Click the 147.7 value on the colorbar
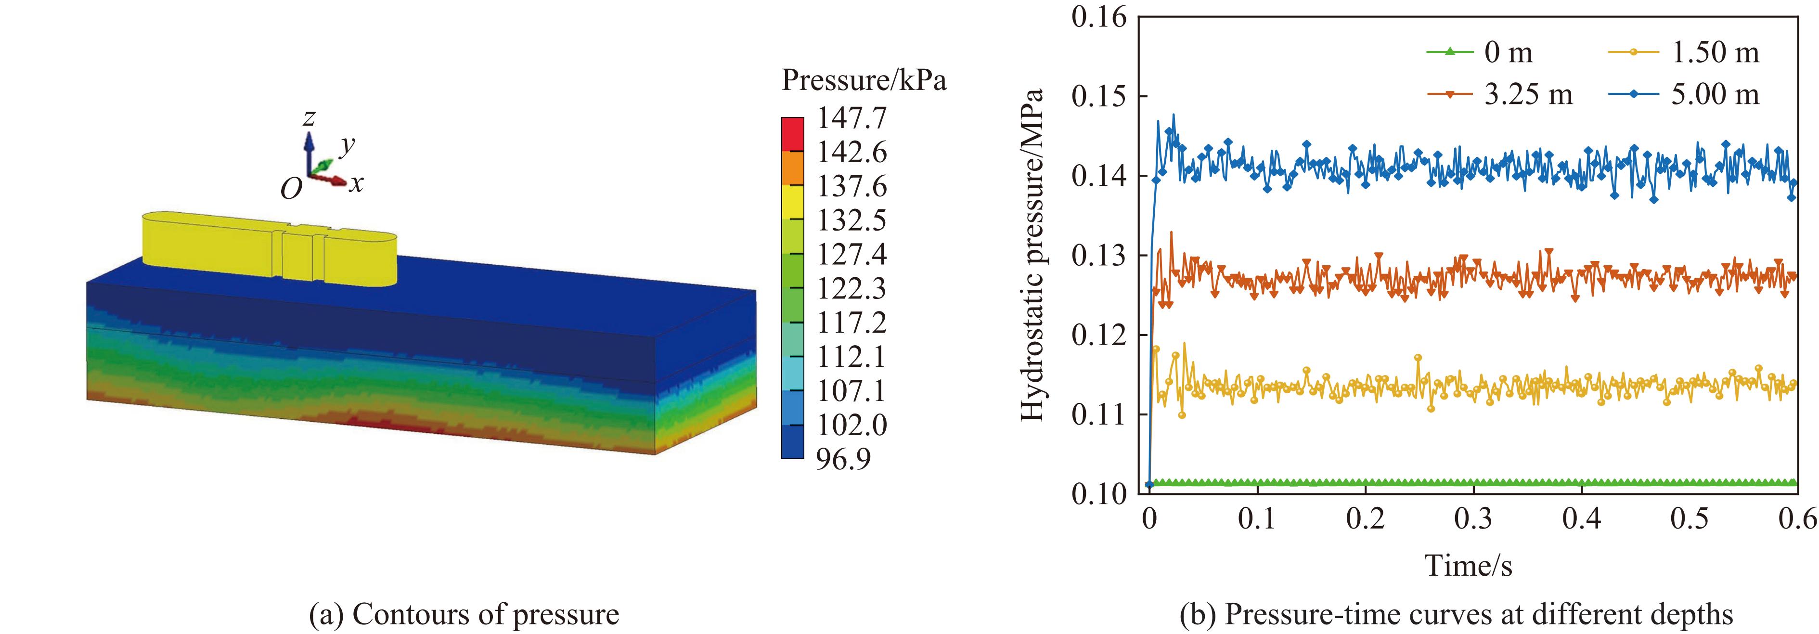click(851, 118)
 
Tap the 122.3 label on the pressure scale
click(851, 289)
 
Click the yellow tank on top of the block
click(268, 248)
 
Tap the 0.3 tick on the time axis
click(1473, 519)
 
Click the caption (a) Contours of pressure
click(464, 615)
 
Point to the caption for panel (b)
click(1456, 615)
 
